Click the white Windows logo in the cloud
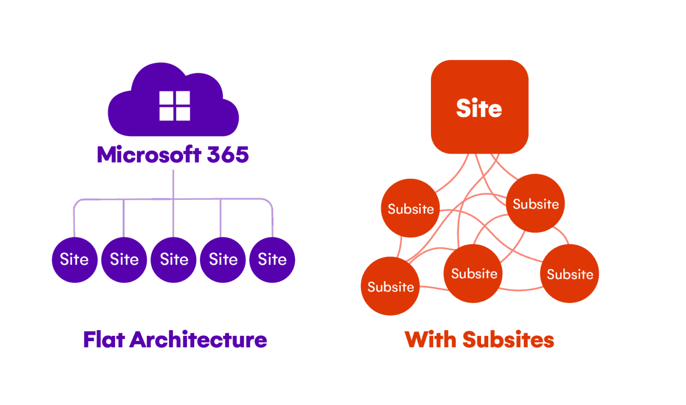coord(175,106)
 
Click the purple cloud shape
coord(134,112)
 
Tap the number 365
coord(228,155)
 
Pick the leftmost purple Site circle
coord(75,260)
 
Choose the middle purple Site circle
coord(174,260)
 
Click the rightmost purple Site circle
coord(272,260)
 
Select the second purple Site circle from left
coord(124,260)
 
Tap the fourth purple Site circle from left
coord(223,260)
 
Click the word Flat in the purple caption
coord(104,340)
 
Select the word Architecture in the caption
coord(198,340)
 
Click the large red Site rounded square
coord(479,107)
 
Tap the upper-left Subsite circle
coord(410,208)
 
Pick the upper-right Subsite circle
coord(535,204)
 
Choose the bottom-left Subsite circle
coord(390,286)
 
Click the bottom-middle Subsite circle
coord(473,273)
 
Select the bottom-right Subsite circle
coord(569,274)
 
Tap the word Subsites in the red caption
coord(508,340)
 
